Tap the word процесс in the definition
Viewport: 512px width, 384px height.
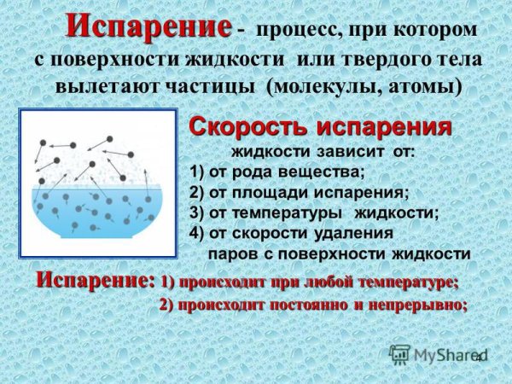293,32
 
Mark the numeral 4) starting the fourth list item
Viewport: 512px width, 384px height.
197,233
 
